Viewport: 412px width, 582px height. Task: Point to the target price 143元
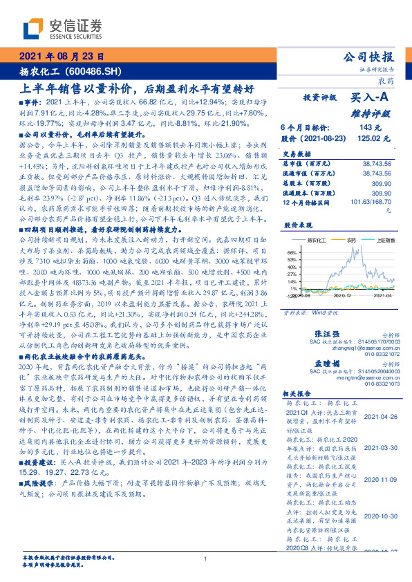tap(364, 126)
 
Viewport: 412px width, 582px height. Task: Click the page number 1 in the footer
tap(205, 559)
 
